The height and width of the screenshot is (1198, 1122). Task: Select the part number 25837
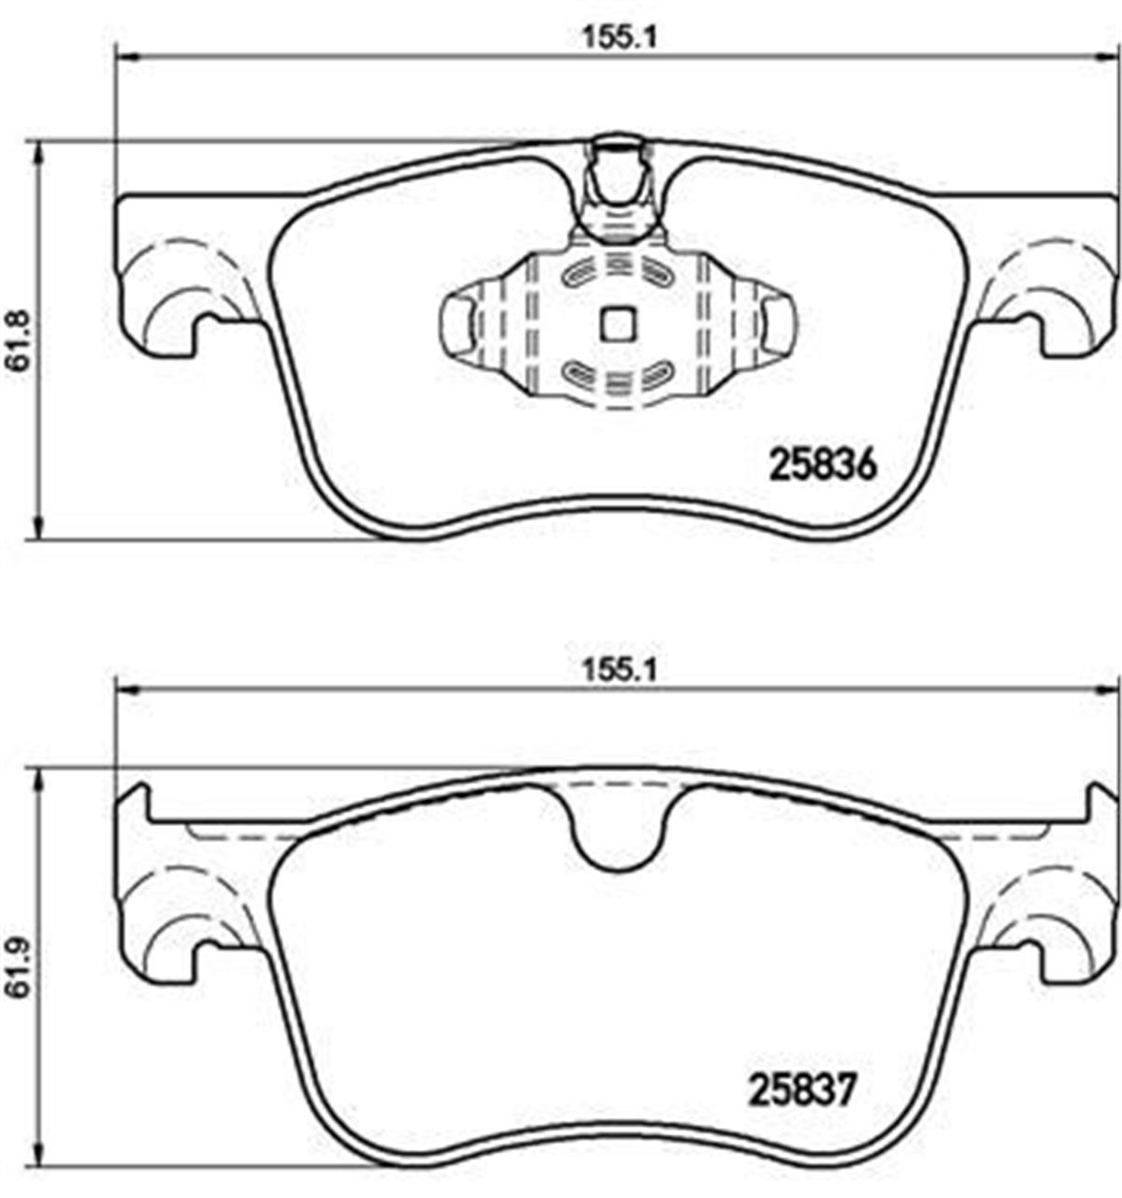click(801, 1090)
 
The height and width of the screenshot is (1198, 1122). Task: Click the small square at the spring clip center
click(617, 323)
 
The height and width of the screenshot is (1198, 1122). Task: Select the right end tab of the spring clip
click(777, 324)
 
